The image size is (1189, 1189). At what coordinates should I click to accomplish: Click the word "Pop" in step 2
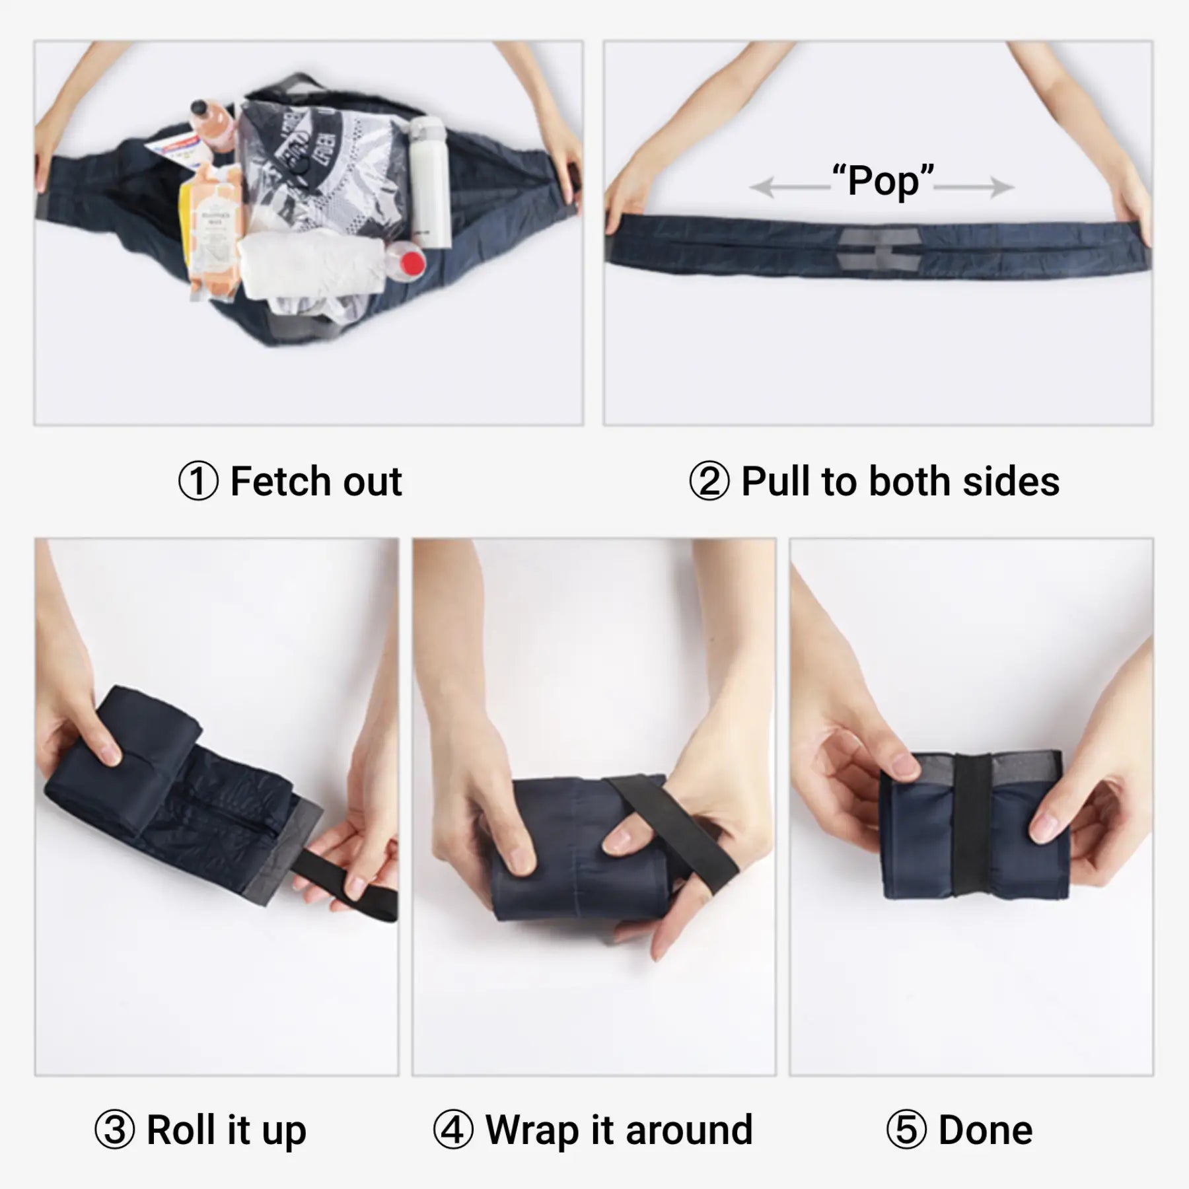click(x=883, y=180)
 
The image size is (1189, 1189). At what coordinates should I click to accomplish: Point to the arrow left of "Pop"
click(x=789, y=188)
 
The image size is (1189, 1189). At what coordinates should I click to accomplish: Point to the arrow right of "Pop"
click(x=974, y=188)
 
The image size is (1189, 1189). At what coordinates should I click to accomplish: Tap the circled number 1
click(x=198, y=482)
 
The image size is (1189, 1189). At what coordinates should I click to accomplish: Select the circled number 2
click(x=709, y=482)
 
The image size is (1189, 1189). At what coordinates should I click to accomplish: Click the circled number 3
click(x=114, y=1130)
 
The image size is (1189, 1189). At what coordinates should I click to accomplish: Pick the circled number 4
click(x=453, y=1130)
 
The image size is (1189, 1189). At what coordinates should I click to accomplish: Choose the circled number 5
click(x=906, y=1130)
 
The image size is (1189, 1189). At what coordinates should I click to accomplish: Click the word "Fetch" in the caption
click(x=281, y=482)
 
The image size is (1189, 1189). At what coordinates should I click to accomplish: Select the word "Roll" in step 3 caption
click(x=180, y=1130)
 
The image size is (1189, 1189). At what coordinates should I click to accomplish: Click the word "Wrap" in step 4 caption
click(x=532, y=1130)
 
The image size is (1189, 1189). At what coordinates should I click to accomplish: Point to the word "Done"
click(x=986, y=1130)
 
